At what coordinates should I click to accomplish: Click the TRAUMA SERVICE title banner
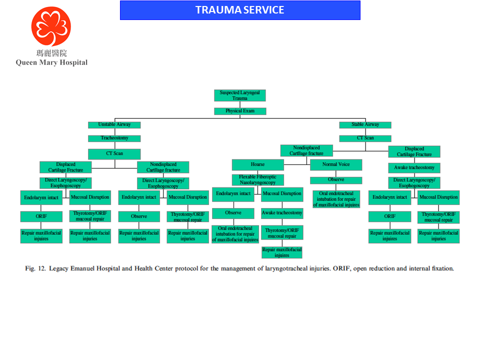point(240,10)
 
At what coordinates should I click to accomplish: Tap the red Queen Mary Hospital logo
point(51,26)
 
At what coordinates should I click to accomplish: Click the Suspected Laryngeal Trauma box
point(240,95)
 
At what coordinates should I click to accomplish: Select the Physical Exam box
point(240,111)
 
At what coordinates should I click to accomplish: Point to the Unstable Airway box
point(114,124)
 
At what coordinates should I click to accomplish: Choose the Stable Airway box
point(365,124)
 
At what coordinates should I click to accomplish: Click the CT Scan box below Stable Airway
point(365,138)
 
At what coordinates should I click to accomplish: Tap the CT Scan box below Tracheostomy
point(114,153)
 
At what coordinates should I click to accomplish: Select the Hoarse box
point(257,164)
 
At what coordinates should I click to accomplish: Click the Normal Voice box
point(336,164)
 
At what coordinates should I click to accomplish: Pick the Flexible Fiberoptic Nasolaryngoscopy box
point(257,180)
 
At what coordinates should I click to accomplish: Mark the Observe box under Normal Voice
point(336,180)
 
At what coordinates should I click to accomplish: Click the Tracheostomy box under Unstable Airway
point(114,138)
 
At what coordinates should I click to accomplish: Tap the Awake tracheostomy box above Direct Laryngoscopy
point(414,167)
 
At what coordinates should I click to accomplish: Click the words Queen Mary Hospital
point(51,62)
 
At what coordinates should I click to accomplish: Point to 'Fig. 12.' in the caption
point(35,268)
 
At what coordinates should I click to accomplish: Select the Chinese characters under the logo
point(51,53)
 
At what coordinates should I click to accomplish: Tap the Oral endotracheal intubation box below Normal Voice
point(336,198)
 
